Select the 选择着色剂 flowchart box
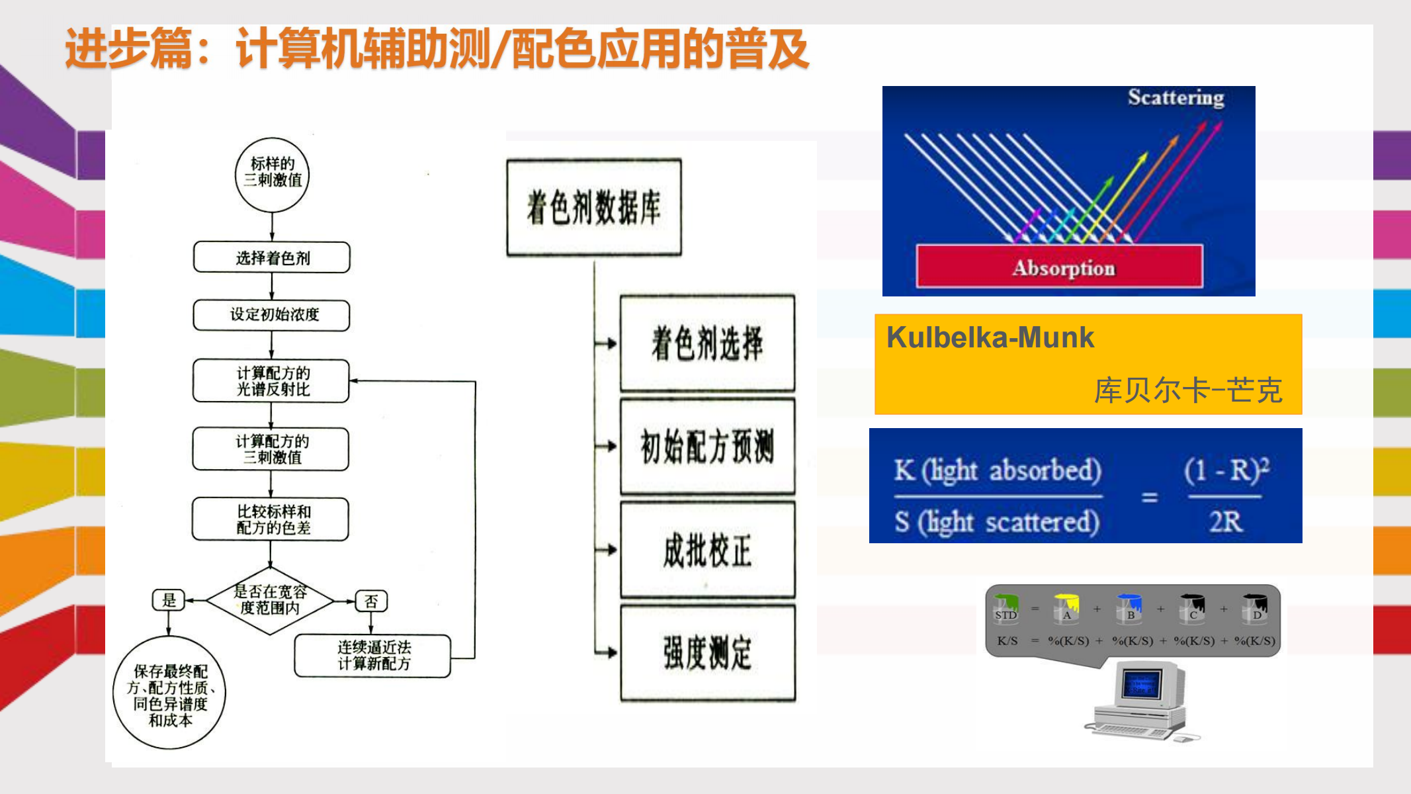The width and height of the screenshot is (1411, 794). click(x=272, y=257)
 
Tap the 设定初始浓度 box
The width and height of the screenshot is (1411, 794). click(x=272, y=315)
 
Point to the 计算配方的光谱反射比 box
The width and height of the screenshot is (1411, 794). click(x=271, y=381)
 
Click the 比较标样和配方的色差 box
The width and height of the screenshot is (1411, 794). click(x=271, y=519)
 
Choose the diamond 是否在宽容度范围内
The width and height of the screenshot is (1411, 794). click(x=270, y=600)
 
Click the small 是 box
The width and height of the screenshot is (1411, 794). click(x=169, y=600)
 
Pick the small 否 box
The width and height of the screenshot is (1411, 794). click(x=371, y=601)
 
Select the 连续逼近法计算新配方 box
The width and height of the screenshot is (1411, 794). click(x=372, y=656)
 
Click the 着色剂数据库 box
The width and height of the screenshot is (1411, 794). click(x=593, y=207)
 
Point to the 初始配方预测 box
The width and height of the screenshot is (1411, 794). click(x=707, y=446)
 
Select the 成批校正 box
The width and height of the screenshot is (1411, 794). click(x=707, y=550)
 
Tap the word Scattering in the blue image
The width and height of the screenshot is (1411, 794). click(x=1176, y=98)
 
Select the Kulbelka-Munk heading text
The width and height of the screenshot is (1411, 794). click(x=990, y=337)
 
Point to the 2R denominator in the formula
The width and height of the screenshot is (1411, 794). click(x=1225, y=521)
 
